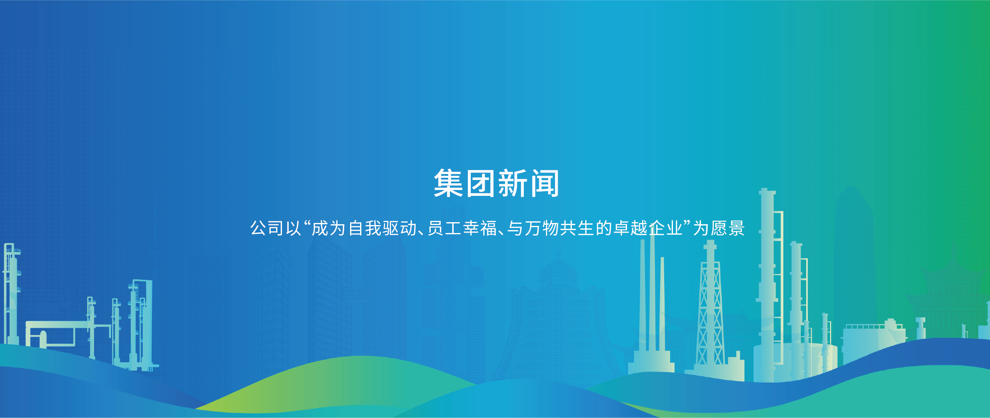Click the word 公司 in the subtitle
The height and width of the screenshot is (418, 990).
pyautogui.click(x=267, y=228)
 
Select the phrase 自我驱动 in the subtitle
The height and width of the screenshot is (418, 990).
pyautogui.click(x=382, y=228)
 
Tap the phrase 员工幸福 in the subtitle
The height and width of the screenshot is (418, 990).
pyautogui.click(x=462, y=228)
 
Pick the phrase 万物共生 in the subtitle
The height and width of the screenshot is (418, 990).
pyautogui.click(x=559, y=228)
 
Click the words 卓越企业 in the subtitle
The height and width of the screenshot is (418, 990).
pyautogui.click(x=648, y=228)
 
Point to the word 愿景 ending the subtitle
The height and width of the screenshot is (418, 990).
pyautogui.click(x=728, y=228)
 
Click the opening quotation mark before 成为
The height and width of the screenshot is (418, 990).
pyautogui.click(x=307, y=224)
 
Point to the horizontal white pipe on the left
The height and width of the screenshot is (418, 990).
pyautogui.click(x=58, y=324)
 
